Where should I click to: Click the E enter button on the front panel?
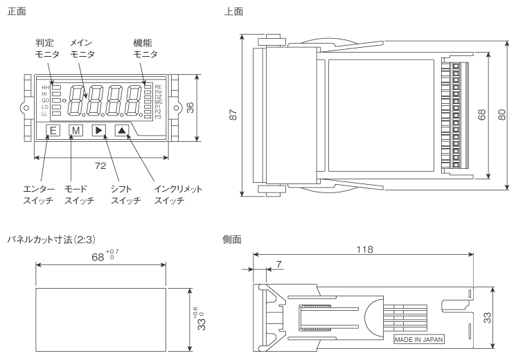[54, 130]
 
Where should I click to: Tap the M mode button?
[75, 130]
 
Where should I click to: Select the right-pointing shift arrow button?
[98, 130]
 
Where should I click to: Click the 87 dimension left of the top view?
[233, 116]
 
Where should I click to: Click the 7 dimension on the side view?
[278, 264]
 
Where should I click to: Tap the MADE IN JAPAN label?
[419, 340]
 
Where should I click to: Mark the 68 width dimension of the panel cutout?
[96, 257]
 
